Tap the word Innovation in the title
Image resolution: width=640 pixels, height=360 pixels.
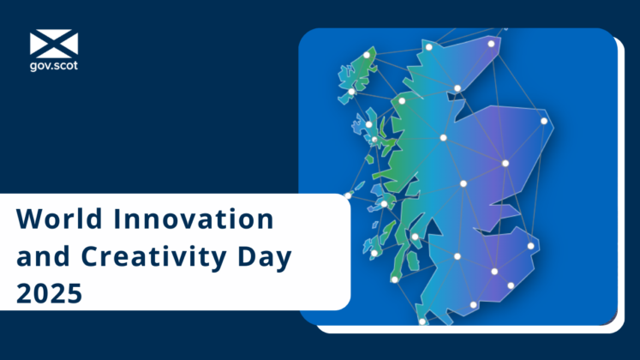[183, 220]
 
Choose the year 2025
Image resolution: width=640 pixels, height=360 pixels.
[50, 294]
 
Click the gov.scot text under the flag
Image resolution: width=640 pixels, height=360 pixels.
[53, 64]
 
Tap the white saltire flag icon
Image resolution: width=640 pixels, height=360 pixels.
[53, 44]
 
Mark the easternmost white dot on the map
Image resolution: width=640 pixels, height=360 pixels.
[544, 121]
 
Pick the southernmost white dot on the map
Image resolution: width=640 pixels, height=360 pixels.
[422, 322]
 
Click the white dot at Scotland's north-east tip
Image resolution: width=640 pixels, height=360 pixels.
[492, 44]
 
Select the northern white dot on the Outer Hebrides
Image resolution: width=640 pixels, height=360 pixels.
[367, 55]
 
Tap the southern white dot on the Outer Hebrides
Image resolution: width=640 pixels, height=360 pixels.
[351, 92]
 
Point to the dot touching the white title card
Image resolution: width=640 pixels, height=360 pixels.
[348, 195]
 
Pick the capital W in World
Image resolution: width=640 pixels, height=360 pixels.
[27, 220]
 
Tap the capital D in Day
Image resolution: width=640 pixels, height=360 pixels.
[246, 256]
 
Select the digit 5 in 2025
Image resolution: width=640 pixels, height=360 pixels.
[75, 294]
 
